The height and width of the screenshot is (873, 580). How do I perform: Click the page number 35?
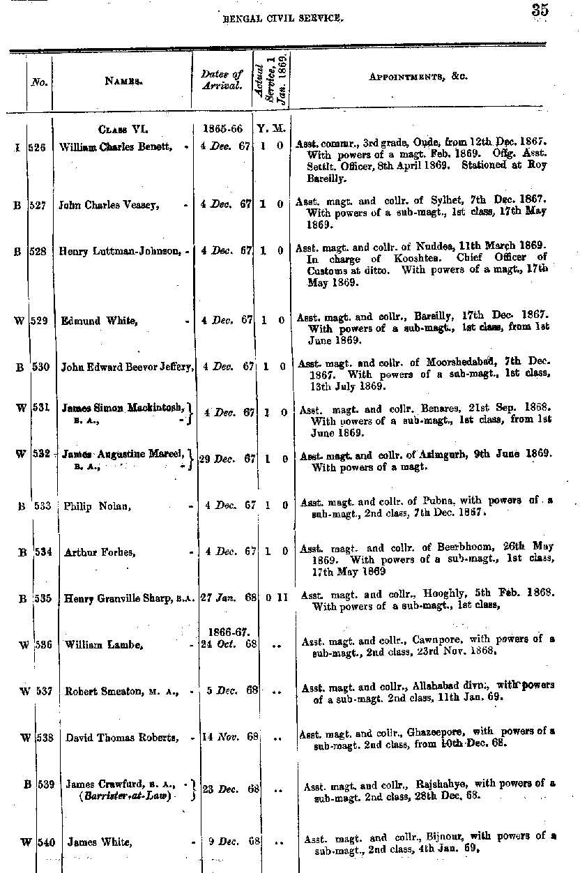coord(539,10)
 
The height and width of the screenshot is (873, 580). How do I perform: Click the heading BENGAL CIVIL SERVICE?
coord(282,19)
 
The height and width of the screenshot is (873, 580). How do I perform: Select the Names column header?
coord(123,81)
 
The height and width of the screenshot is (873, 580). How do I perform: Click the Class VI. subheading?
coord(123,129)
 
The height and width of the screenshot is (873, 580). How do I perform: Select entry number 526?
coord(38,146)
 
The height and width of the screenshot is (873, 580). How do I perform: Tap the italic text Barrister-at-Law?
coord(125,796)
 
